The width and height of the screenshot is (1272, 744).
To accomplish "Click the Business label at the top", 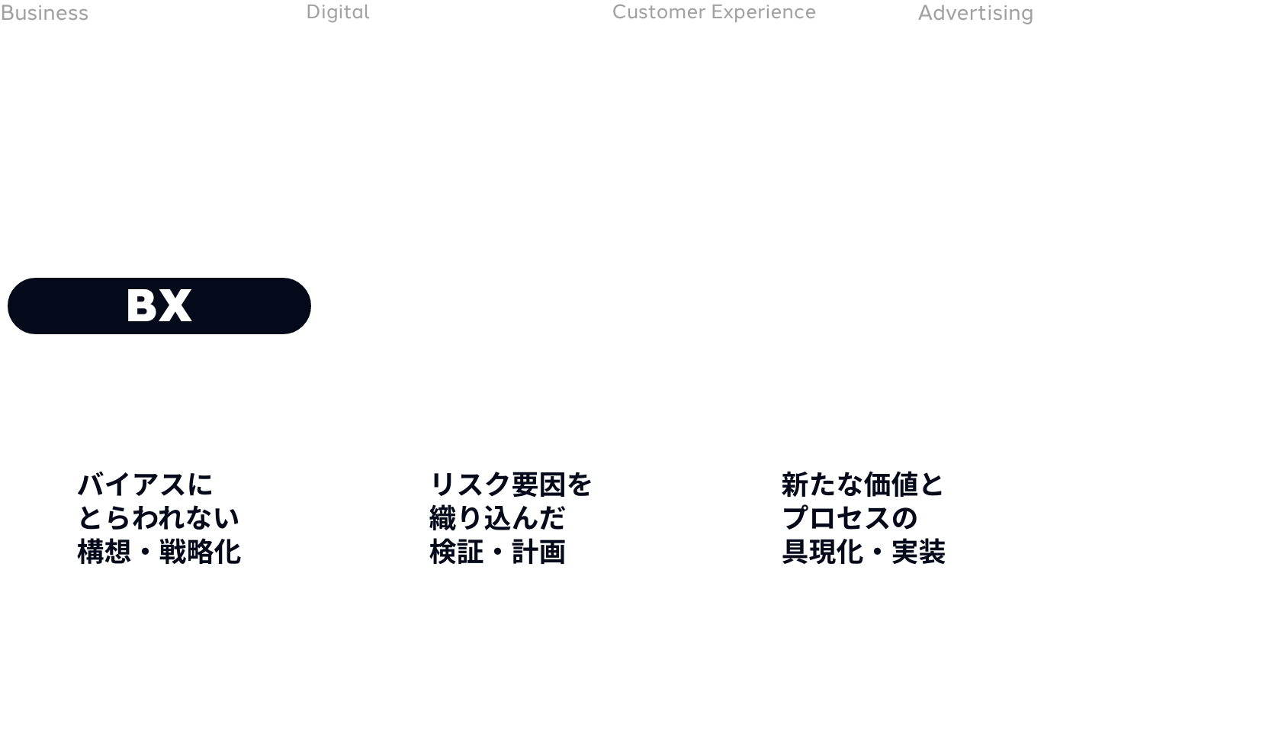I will tap(44, 14).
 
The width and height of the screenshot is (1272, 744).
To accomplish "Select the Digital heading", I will tap(338, 12).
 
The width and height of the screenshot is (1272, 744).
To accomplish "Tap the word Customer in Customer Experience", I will tap(658, 12).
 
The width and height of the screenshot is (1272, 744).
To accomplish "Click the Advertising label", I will tap(975, 14).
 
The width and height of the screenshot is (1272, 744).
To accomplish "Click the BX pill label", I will tap(159, 306).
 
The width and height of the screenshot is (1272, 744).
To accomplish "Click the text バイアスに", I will tap(146, 485).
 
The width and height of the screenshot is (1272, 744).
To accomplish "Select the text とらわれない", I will tap(159, 518).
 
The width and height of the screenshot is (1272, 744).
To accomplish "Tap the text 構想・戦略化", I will tap(159, 552).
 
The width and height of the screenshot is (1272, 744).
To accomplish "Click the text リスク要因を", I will tap(511, 485).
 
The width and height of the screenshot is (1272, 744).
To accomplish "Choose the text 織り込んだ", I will tap(497, 518).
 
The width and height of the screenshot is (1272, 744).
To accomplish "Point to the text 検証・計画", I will tap(497, 552).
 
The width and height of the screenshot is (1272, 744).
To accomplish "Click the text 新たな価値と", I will tap(863, 485).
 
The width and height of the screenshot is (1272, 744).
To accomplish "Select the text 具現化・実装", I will tap(863, 552).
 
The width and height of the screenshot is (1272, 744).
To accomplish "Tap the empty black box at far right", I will tap(1177, 525).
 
